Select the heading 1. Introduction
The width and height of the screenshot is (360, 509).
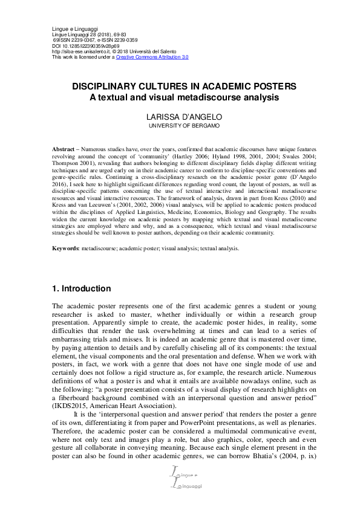tap(82, 288)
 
